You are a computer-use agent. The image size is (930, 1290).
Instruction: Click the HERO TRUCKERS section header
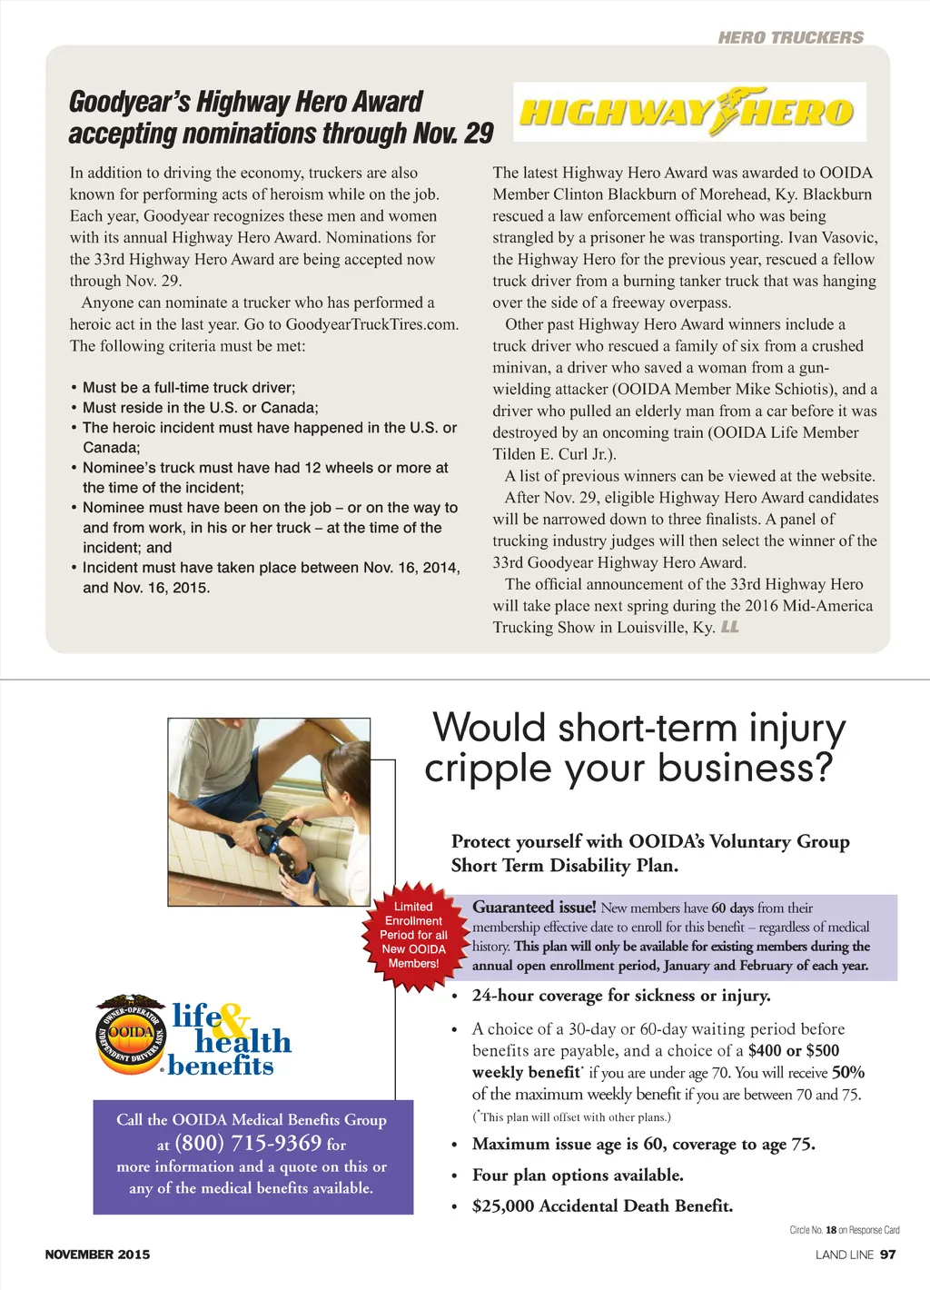[790, 37]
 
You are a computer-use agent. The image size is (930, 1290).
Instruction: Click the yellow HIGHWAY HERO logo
[688, 112]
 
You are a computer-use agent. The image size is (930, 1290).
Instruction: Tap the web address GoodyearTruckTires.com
[371, 324]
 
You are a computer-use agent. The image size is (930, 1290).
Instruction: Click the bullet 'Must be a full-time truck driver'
[188, 388]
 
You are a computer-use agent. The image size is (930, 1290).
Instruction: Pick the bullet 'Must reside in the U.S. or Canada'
[200, 408]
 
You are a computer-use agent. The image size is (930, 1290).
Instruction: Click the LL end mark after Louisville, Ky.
[730, 627]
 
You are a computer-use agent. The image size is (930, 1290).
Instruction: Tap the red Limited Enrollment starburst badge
[413, 935]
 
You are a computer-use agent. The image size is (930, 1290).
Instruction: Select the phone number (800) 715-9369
[247, 1143]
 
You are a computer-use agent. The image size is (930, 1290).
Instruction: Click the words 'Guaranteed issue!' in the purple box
[534, 907]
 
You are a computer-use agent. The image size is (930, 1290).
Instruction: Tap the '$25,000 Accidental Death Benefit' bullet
[602, 1206]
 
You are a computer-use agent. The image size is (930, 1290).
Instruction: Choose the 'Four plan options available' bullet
[578, 1175]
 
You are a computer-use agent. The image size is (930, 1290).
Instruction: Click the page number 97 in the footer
[888, 1255]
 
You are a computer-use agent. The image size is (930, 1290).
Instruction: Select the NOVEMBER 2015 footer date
[97, 1255]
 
